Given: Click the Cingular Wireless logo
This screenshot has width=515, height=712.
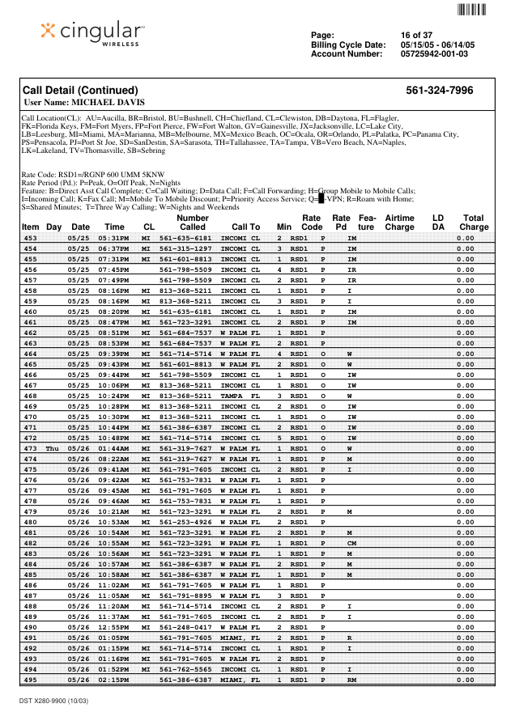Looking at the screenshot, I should tap(92, 33).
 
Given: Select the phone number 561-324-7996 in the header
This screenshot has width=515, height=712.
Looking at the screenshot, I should tap(440, 91).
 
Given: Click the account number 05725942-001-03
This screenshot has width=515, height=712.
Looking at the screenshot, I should tap(434, 54).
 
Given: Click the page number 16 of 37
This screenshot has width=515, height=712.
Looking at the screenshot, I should tap(416, 35).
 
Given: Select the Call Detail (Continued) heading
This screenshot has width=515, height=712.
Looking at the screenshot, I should tap(80, 91).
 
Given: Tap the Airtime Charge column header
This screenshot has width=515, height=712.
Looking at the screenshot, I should tap(399, 222).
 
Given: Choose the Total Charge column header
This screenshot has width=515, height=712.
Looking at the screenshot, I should tap(474, 222).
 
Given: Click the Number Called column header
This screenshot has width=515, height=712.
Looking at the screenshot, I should tap(193, 222).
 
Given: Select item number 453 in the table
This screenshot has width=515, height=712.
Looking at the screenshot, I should tap(30, 239).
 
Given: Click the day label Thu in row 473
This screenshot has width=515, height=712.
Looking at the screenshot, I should tap(53, 448).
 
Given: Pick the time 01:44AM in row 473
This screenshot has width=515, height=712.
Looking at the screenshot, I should tap(114, 448).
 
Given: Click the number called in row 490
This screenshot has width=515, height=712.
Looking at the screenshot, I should tap(185, 627).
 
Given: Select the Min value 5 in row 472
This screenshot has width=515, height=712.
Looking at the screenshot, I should tap(279, 438).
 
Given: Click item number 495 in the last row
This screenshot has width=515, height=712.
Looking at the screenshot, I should tap(30, 680).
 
